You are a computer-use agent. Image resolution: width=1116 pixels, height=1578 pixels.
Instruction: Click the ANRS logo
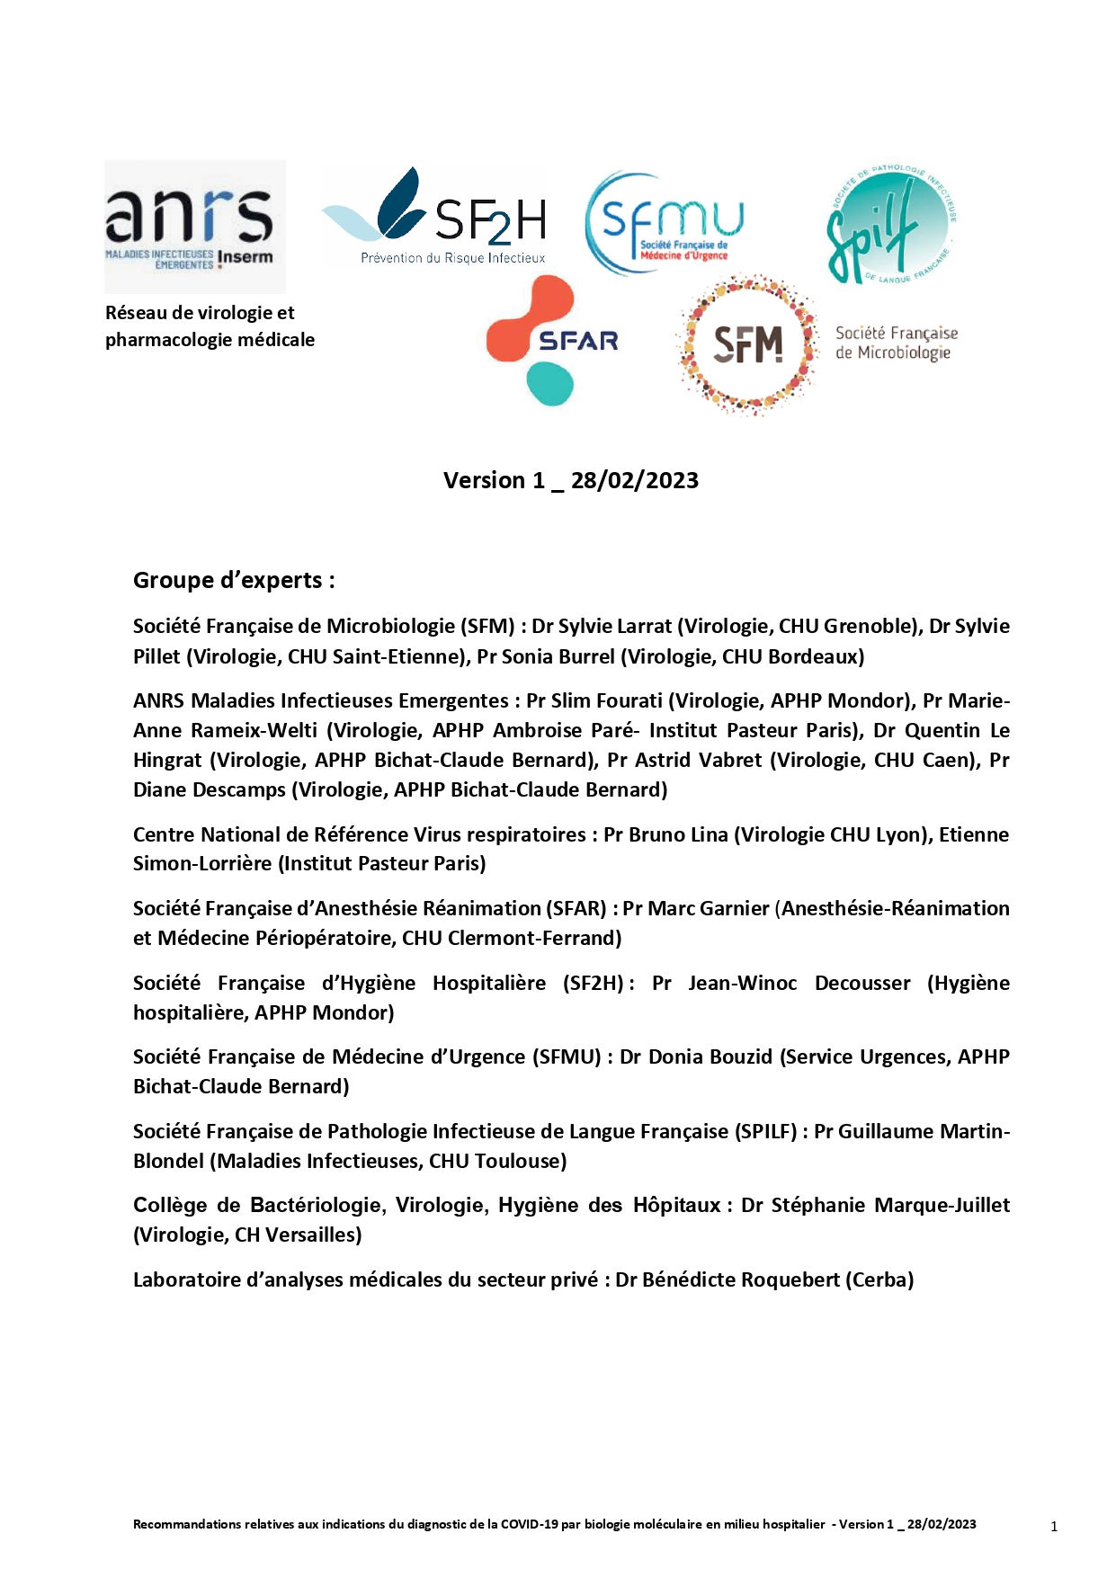(x=194, y=226)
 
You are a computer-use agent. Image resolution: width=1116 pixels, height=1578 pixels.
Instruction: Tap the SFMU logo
(x=665, y=224)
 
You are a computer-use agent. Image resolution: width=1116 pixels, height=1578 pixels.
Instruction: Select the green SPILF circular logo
(x=889, y=225)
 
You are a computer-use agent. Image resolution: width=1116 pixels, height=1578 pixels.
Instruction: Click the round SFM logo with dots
(x=748, y=344)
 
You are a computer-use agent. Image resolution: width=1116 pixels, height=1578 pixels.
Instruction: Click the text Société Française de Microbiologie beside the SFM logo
(x=896, y=343)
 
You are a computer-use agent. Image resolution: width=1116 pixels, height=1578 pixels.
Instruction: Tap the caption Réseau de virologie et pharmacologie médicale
(x=210, y=326)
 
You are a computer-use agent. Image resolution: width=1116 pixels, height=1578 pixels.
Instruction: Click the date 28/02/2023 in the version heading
(x=635, y=480)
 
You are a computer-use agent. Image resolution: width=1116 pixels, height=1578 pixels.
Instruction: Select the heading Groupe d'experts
(x=234, y=580)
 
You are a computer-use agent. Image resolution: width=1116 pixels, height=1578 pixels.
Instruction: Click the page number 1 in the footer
(x=1054, y=1526)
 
